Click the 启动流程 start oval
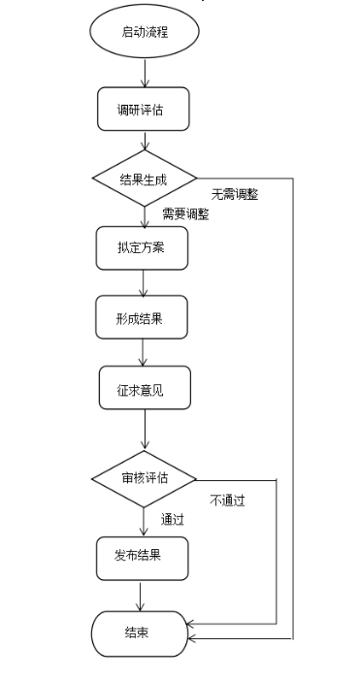point(144,32)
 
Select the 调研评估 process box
point(142,110)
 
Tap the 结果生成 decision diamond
point(144,179)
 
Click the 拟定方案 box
point(142,248)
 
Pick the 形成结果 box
point(142,317)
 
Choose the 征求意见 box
point(144,388)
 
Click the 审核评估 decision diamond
point(144,478)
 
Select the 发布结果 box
point(142,556)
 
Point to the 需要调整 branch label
point(184,214)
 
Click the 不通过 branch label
point(226,501)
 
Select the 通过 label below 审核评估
point(173,519)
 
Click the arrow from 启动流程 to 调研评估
point(144,72)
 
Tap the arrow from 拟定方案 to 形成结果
point(144,282)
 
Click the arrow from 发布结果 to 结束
point(142,594)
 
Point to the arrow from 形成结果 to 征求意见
point(144,352)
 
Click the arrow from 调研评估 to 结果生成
point(144,141)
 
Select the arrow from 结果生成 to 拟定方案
point(144,216)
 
